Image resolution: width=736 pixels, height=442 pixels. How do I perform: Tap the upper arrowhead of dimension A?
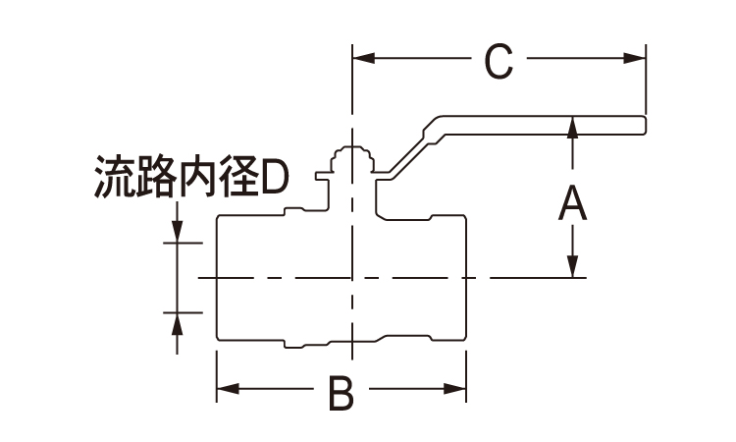point(572,131)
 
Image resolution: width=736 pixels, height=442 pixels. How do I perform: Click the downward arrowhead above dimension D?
point(177,231)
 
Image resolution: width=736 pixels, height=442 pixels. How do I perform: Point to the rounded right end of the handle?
point(642,124)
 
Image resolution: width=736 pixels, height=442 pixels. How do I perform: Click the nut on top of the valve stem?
point(351,160)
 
